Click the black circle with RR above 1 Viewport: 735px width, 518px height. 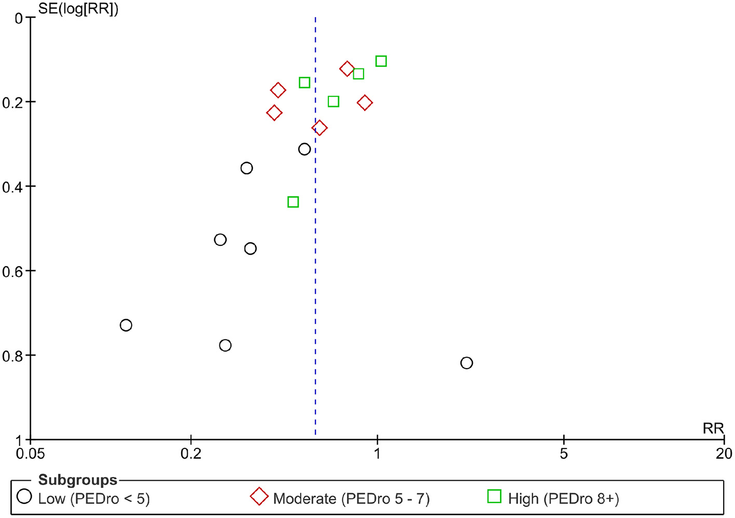click(466, 363)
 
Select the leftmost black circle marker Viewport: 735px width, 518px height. click(126, 325)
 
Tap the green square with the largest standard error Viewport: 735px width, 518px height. click(293, 202)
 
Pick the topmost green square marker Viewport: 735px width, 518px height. click(381, 61)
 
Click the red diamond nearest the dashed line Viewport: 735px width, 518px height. click(320, 128)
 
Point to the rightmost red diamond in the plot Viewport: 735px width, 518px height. click(365, 103)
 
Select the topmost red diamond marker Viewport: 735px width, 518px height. click(346, 68)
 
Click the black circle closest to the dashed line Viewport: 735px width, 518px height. click(304, 149)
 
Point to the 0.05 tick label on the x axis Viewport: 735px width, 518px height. click(30, 454)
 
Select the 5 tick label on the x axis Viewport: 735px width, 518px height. click(564, 454)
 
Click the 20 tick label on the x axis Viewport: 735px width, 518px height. click(724, 454)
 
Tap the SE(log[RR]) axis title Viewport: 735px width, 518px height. click(78, 9)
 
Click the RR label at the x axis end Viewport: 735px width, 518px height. click(713, 428)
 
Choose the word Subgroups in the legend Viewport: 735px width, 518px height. click(78, 480)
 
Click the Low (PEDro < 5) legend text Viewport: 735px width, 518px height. click(94, 499)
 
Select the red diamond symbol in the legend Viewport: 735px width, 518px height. click(259, 496)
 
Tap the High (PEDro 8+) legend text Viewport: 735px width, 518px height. click(563, 499)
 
